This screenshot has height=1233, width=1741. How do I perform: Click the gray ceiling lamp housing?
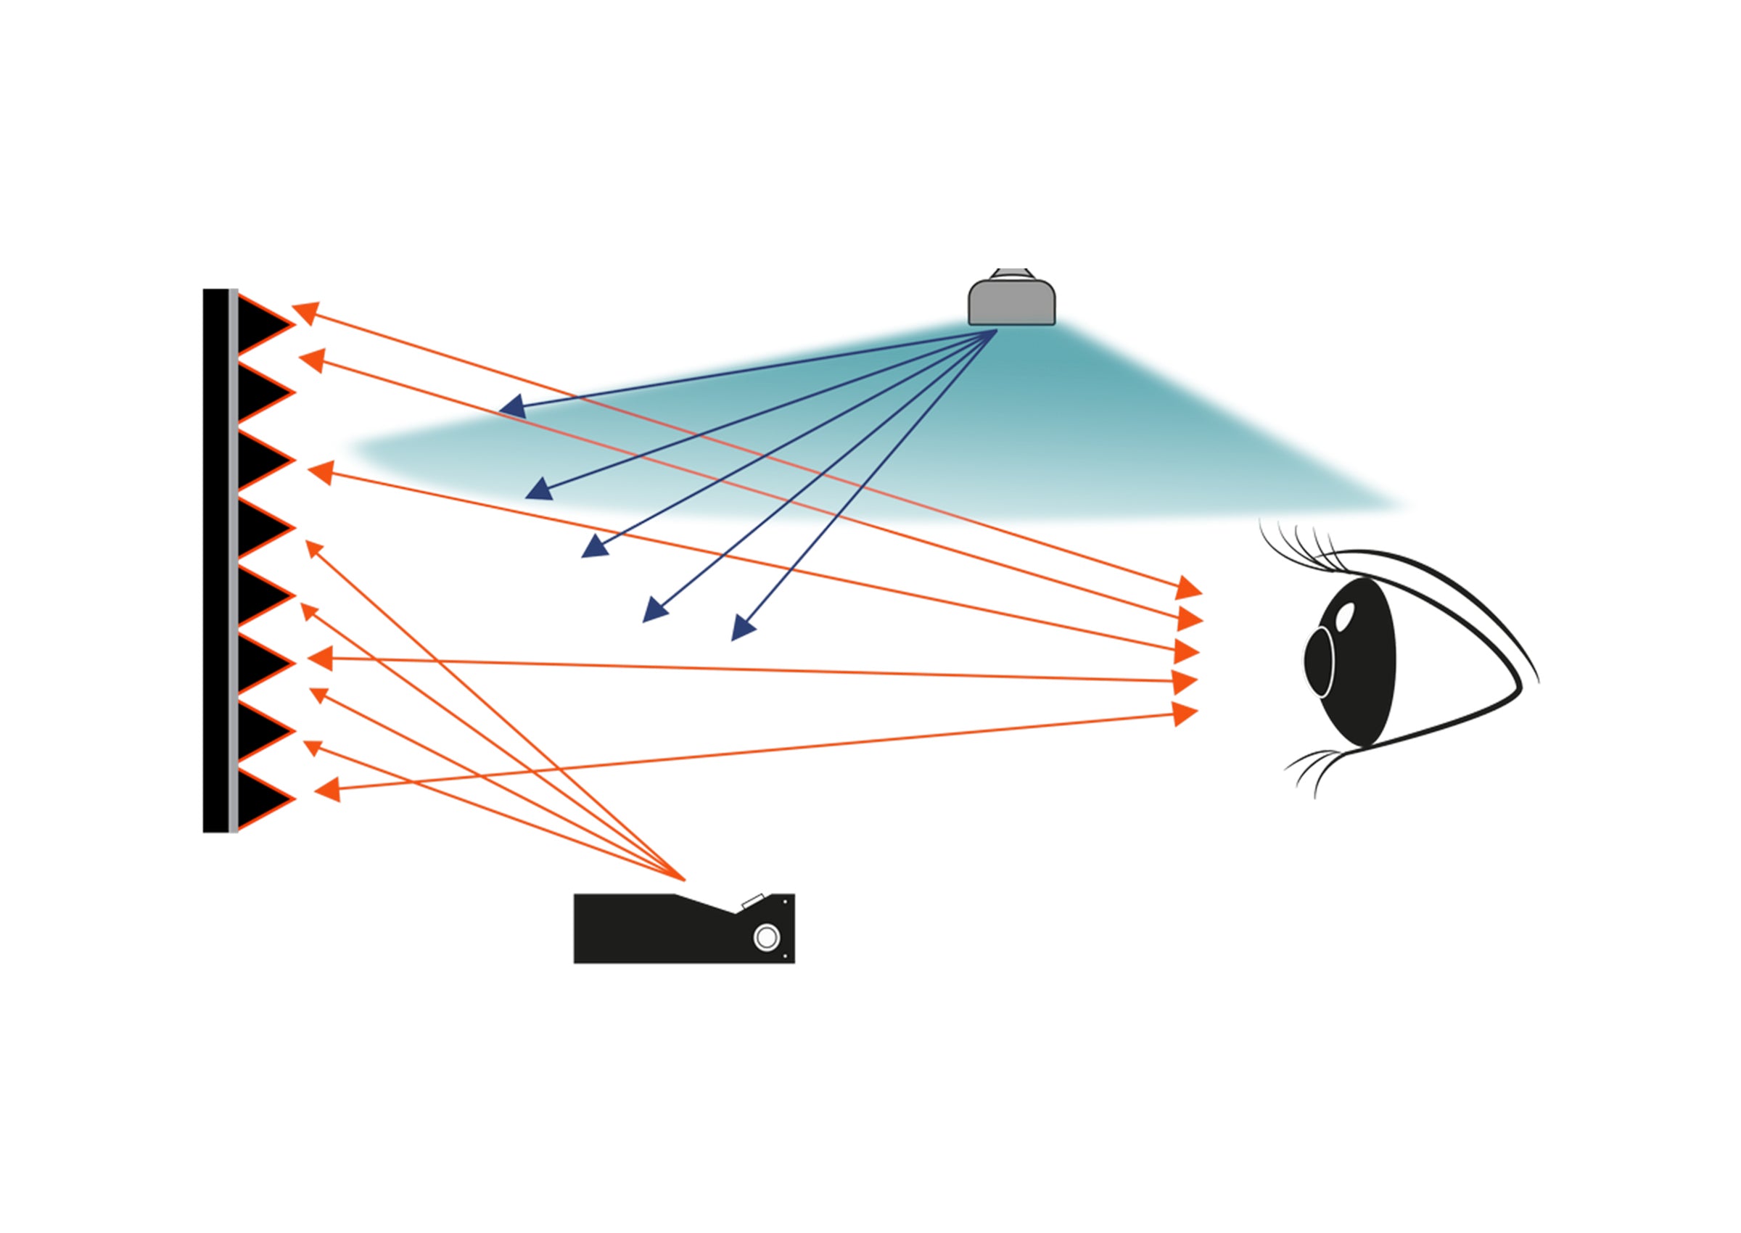click(x=1011, y=303)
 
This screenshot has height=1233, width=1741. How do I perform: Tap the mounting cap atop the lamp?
click(x=1012, y=273)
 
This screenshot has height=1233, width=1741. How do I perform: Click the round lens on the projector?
click(x=766, y=938)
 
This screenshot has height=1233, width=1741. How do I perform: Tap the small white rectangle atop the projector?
click(x=752, y=902)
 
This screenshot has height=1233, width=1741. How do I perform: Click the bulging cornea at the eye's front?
click(x=1318, y=661)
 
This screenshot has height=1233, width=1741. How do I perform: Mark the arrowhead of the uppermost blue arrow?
click(x=512, y=407)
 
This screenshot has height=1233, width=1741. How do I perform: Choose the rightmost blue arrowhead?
click(x=742, y=630)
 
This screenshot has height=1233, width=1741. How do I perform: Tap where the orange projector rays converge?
click(x=684, y=880)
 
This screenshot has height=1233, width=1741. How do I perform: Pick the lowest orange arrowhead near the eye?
click(x=1185, y=714)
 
